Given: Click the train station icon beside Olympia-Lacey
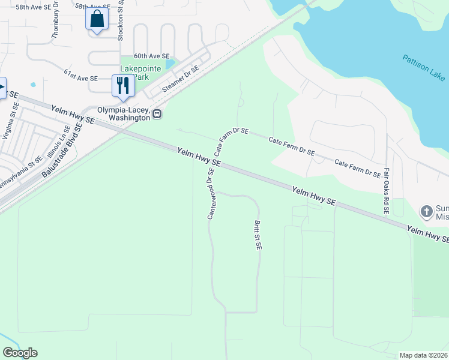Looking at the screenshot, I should pos(157,113).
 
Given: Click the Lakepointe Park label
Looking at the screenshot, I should pos(140,73).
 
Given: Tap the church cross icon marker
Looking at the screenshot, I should pos(426,211).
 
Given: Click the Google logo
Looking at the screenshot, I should pos(20,353).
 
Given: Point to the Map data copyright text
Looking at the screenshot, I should pos(423,355).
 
